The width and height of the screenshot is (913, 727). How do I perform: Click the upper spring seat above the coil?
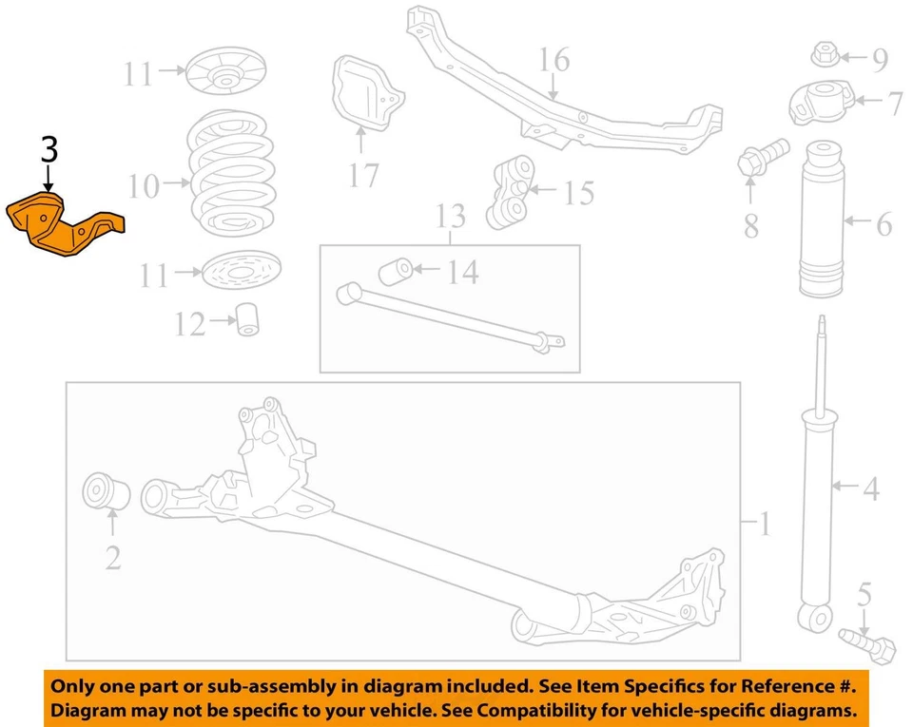[225, 71]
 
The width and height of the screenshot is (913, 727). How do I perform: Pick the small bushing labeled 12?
[250, 318]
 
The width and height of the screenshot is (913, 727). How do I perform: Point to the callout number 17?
[363, 175]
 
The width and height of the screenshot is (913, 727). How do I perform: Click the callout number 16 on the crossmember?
[554, 60]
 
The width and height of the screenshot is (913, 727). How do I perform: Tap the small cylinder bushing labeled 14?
[395, 273]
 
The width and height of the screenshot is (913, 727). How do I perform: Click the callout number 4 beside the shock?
[870, 489]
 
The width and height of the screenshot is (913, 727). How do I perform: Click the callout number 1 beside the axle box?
[765, 524]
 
